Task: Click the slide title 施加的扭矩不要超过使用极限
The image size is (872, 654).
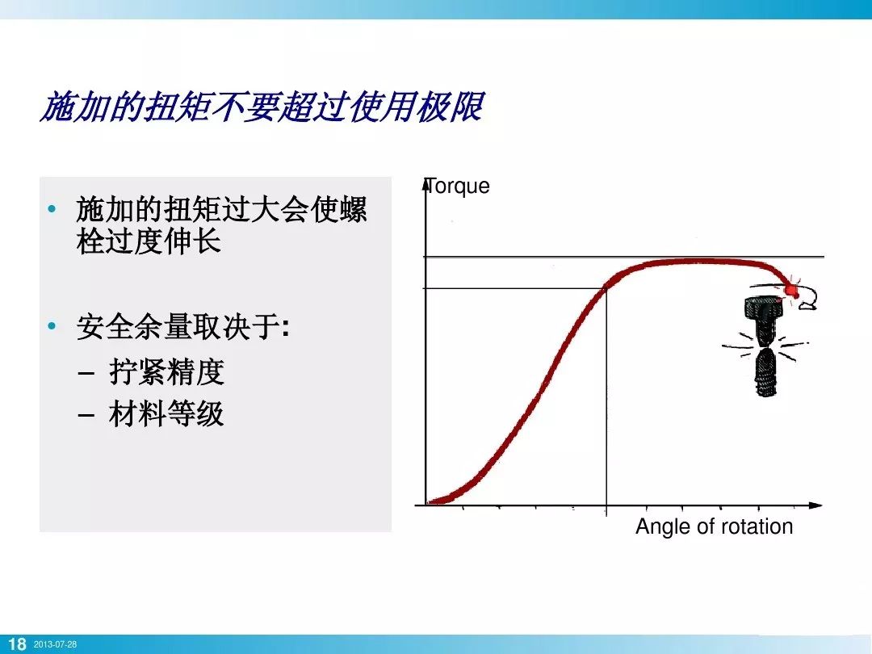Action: (262, 107)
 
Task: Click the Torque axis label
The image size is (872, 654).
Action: (458, 186)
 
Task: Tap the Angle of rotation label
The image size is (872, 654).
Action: (714, 526)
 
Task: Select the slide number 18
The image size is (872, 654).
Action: (16, 644)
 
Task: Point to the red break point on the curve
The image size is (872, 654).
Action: (790, 288)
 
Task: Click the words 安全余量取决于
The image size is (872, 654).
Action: (178, 328)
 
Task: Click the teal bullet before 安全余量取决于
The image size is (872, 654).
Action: (52, 327)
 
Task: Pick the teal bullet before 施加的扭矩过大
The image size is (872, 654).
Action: (52, 210)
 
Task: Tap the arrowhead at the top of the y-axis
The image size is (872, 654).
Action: (426, 184)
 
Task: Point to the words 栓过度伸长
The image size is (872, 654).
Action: (149, 242)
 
